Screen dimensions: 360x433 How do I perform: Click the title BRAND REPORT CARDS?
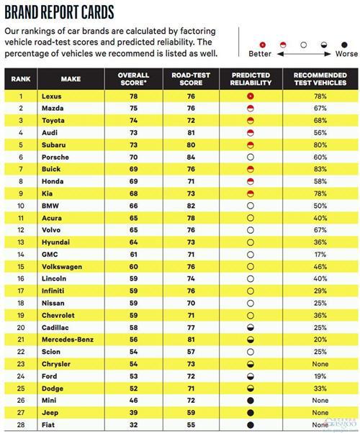point(60,12)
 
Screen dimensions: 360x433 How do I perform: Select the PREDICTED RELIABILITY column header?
point(251,79)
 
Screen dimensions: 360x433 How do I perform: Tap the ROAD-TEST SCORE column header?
point(191,79)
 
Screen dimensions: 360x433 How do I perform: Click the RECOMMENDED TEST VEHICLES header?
point(320,79)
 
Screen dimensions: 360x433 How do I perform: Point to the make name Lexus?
point(52,96)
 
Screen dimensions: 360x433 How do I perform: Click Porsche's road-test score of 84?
point(191,157)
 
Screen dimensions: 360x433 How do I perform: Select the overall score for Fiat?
point(133,424)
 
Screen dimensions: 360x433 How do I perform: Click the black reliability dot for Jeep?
point(251,413)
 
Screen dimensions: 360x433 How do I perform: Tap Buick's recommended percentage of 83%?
point(320,169)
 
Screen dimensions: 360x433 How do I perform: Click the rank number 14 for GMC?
point(21,255)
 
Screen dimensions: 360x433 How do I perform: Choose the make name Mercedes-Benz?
point(68,339)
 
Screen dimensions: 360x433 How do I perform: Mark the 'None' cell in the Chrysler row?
point(320,364)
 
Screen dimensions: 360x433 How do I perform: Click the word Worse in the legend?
point(346,53)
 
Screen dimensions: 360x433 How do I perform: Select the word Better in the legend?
point(260,53)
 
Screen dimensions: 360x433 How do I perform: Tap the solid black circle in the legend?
point(344,45)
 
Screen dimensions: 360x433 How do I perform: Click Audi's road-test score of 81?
point(191,132)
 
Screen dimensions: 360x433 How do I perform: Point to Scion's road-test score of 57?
point(191,352)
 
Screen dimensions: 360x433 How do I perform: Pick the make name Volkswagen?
point(62,267)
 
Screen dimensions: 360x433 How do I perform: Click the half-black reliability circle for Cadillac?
point(251,327)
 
